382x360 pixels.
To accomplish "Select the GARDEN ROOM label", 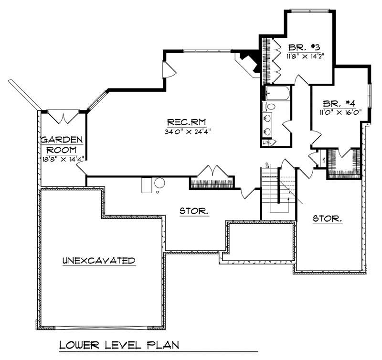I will [62, 144].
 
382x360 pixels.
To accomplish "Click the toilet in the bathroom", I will [270, 106].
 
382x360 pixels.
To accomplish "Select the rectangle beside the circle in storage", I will [147, 185].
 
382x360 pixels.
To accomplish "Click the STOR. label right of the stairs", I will [327, 219].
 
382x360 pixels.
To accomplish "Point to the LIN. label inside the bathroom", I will [267, 142].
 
